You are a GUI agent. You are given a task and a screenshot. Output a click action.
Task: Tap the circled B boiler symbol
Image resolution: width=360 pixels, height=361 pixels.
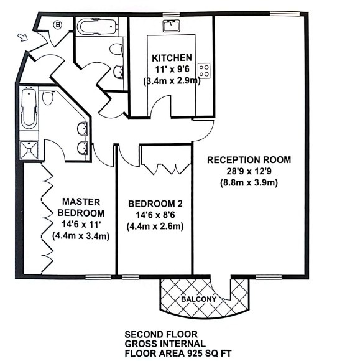[x=58, y=25]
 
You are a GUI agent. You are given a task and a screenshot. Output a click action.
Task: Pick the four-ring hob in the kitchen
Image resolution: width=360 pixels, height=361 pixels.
[x=204, y=70]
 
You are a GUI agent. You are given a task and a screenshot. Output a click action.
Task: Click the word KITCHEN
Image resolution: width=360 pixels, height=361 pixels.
[x=172, y=58]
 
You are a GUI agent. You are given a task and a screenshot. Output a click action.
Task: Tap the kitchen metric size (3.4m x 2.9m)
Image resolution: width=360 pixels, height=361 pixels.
[x=172, y=81]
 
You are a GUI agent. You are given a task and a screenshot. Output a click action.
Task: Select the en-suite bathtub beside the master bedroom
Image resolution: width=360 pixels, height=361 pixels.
[x=27, y=109]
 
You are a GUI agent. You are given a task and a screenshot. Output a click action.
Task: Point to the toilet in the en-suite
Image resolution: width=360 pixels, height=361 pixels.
[x=47, y=98]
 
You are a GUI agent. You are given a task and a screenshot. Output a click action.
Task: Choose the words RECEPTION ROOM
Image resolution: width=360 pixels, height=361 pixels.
[x=249, y=160]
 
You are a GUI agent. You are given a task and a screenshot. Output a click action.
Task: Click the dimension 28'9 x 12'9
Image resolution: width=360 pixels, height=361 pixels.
[x=249, y=171]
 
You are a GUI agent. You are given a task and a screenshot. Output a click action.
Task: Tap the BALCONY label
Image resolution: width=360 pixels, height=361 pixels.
[x=199, y=299]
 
